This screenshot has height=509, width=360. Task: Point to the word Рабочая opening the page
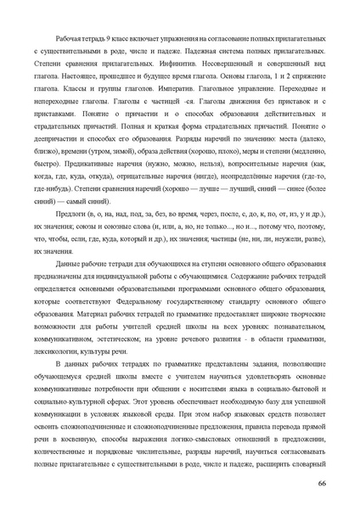[69, 39]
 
